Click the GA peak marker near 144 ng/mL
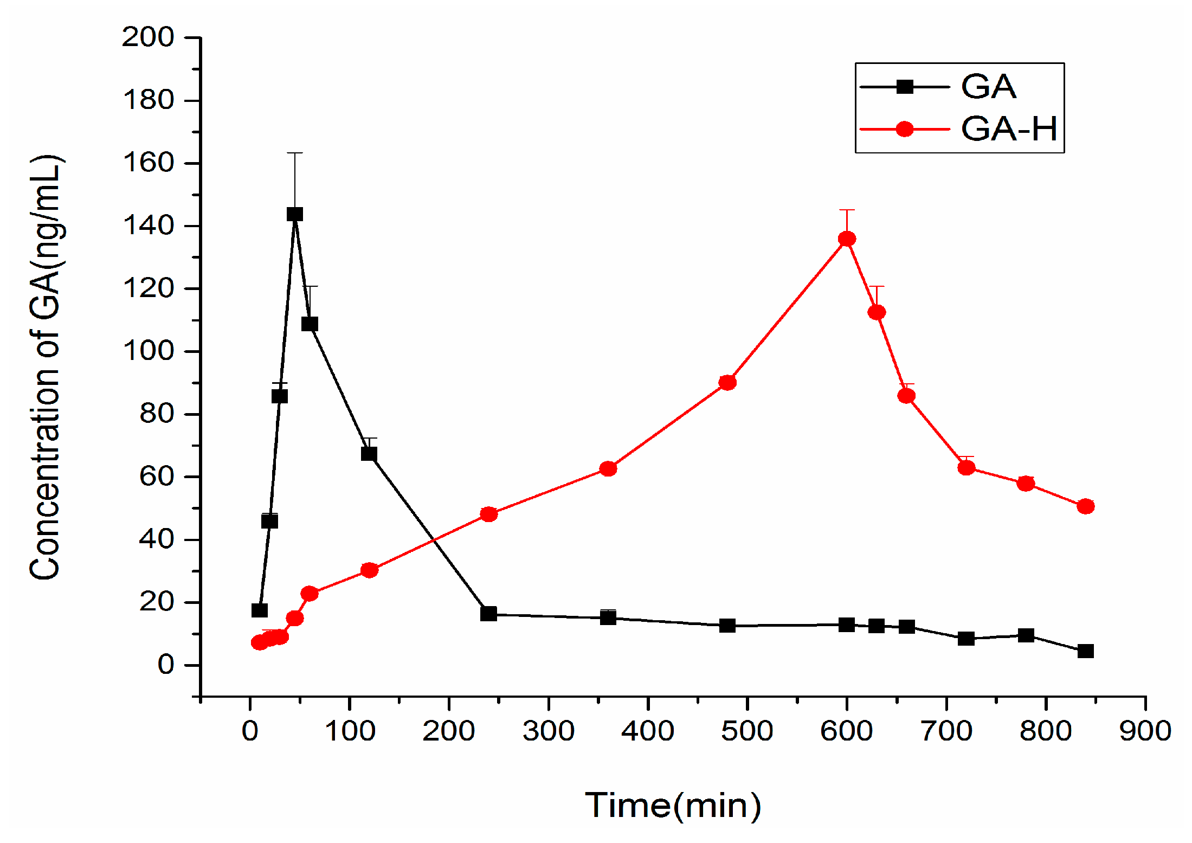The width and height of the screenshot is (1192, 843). [x=294, y=214]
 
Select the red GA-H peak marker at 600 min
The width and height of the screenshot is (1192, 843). [x=847, y=239]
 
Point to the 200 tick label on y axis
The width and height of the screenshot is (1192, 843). [x=147, y=37]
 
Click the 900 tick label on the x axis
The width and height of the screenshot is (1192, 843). [x=1145, y=731]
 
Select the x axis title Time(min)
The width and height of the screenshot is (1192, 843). [x=673, y=805]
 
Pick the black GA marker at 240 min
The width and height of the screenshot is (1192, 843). [x=488, y=614]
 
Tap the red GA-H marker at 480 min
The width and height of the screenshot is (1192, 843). [x=727, y=383]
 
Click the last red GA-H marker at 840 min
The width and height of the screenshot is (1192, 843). [x=1086, y=506]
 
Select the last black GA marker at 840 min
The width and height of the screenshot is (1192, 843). [x=1086, y=651]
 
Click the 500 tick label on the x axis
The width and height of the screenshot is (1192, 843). [x=747, y=731]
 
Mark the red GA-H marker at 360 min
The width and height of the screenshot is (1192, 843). [x=608, y=468]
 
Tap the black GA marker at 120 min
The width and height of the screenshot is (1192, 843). [x=369, y=453]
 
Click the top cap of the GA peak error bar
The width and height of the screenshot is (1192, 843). [x=294, y=153]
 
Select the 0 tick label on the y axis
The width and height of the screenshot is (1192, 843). [x=165, y=665]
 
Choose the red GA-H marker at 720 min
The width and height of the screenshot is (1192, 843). [x=967, y=467]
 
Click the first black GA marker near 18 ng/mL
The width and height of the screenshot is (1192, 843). [x=260, y=610]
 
